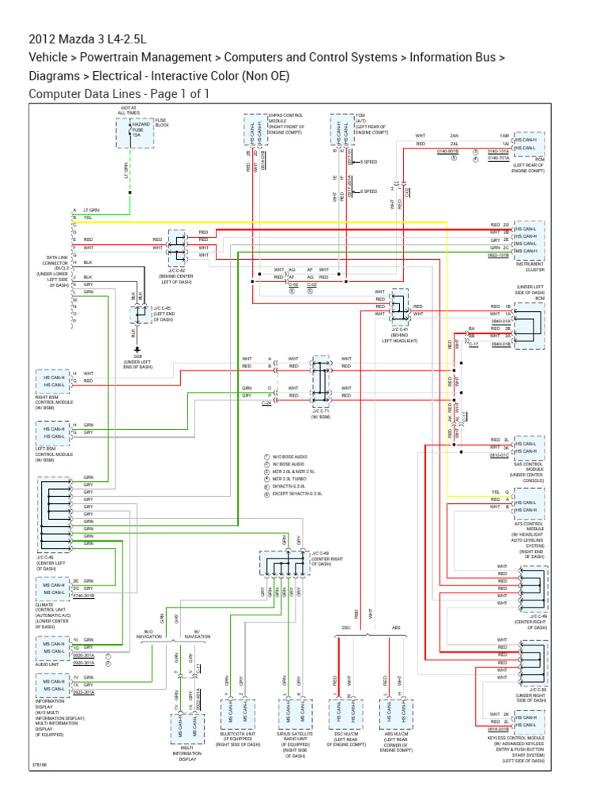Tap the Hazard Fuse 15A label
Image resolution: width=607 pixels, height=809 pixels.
[141, 130]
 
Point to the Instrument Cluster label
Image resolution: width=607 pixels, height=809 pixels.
[530, 267]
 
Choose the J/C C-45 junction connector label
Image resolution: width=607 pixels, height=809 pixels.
[163, 313]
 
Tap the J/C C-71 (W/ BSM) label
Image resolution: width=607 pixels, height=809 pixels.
[320, 414]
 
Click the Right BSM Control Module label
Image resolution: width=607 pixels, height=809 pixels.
[55, 403]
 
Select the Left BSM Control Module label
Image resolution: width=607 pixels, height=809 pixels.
[55, 455]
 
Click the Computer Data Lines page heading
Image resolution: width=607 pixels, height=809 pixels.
[119, 94]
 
